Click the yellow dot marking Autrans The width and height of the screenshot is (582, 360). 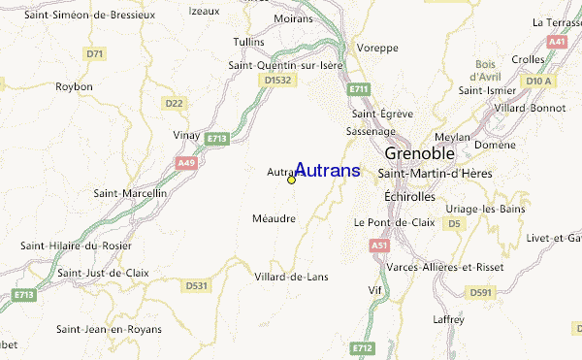point(291,180)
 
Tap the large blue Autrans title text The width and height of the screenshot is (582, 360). point(327,171)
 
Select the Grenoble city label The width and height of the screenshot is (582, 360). point(426,153)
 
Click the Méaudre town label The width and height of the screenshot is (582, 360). point(274,218)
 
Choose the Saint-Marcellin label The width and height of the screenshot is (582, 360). point(131,193)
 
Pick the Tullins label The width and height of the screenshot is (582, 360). point(249,42)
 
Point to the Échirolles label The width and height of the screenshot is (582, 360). point(411,195)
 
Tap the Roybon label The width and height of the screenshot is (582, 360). point(75,86)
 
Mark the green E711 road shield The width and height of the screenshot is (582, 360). point(360,89)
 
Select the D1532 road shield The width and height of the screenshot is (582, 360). point(276,81)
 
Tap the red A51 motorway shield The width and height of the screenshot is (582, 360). point(379,246)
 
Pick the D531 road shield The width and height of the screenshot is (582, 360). point(197,285)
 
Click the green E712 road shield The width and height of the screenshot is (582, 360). point(362,346)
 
